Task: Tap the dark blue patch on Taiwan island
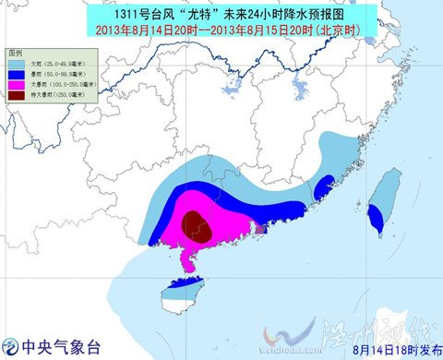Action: coord(377,218)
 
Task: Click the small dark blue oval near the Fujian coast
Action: coord(323,188)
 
